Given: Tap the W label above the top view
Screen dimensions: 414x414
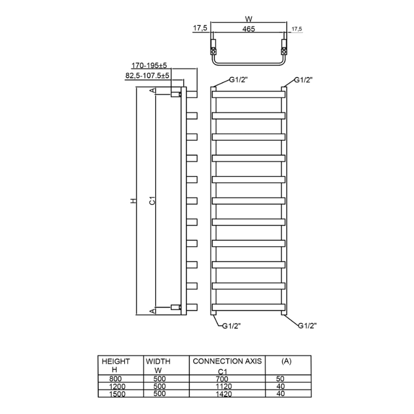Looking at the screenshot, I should point(249,17).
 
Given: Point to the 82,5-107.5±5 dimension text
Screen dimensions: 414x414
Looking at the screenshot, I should point(148,76).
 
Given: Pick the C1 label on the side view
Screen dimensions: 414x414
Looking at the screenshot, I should point(152,200).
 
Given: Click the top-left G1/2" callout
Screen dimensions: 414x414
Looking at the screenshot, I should point(239,80).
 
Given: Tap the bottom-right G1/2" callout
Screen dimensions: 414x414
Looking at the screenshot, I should point(307,326).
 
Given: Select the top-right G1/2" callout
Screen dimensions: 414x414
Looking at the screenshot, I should point(304,80).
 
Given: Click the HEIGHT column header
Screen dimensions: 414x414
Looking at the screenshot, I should point(116,361).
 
